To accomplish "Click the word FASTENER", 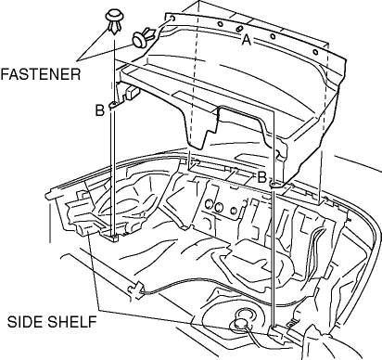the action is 41,74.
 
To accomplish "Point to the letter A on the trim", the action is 246,40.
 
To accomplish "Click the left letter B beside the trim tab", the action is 100,110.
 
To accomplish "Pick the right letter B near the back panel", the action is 261,177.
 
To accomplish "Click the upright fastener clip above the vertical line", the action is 114,21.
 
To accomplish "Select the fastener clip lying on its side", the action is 144,37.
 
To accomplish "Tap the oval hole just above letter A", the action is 239,29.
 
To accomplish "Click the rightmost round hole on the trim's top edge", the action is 315,52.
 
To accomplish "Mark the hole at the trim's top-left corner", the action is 172,19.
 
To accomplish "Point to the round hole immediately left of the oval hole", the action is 220,24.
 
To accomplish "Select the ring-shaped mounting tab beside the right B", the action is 275,185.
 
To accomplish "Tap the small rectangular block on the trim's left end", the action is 132,92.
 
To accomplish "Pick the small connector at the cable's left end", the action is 135,289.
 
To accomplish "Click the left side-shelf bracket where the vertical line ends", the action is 113,238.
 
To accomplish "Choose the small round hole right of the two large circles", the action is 234,211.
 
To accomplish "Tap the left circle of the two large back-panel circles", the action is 210,206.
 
